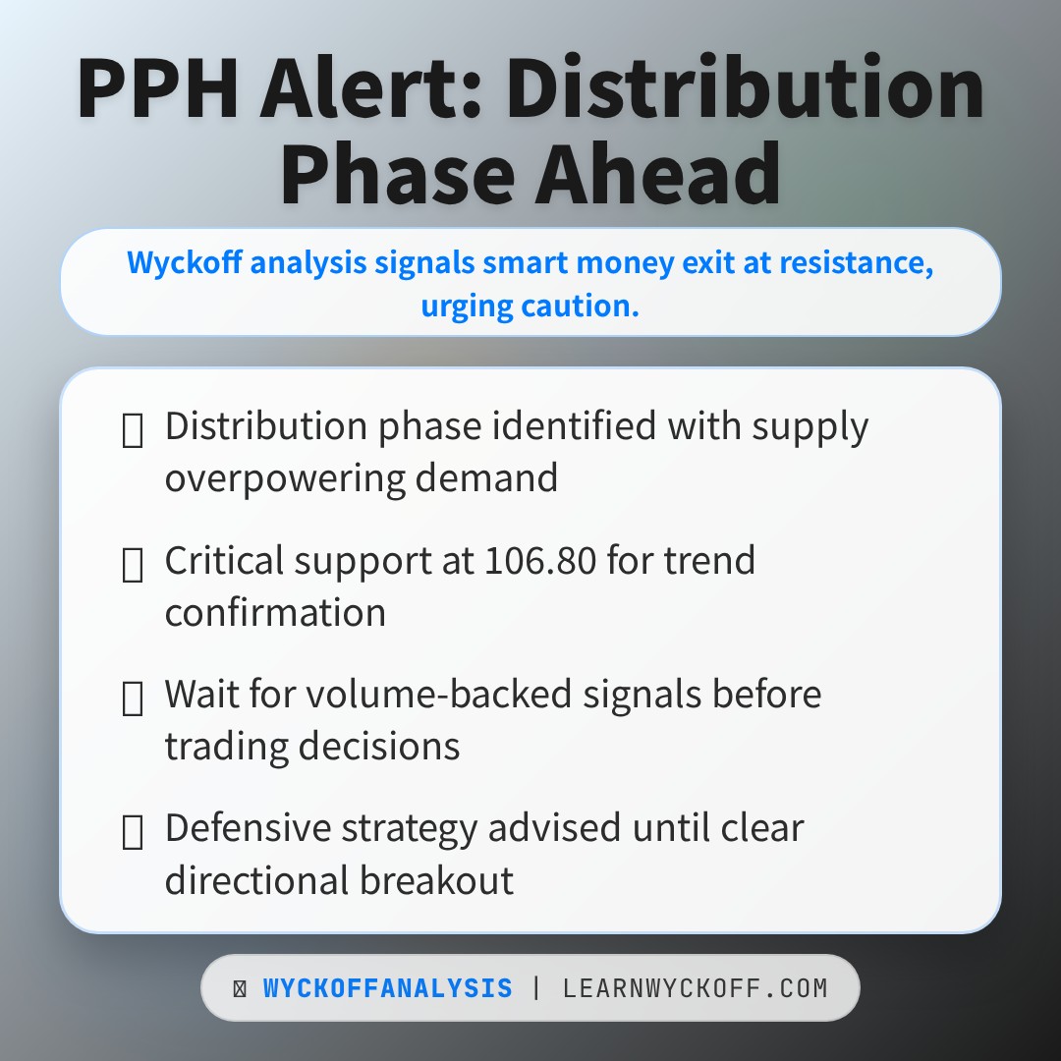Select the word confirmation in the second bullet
(x=275, y=612)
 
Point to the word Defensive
(x=248, y=828)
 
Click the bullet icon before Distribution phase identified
(x=133, y=430)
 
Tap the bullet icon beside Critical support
(x=133, y=564)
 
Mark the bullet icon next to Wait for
(x=133, y=698)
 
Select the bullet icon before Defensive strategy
(x=133, y=831)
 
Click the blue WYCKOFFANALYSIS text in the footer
(x=388, y=988)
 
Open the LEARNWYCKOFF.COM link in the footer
(x=696, y=988)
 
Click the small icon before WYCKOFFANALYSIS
(x=240, y=989)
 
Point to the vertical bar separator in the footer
(x=536, y=988)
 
